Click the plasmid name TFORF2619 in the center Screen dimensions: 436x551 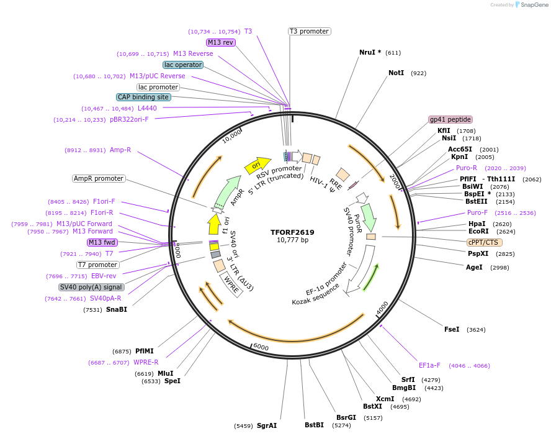292,232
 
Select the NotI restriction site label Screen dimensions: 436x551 396,73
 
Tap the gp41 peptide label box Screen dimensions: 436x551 450,119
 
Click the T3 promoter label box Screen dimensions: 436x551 309,31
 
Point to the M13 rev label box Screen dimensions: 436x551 221,42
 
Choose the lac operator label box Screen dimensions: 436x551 183,65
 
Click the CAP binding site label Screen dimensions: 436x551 143,97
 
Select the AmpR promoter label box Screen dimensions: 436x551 99,178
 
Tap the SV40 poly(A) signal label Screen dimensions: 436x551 91,287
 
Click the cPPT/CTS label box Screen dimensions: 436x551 485,242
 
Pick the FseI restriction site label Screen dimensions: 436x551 452,329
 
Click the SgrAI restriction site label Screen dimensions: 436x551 267,425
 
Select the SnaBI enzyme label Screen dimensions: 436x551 116,309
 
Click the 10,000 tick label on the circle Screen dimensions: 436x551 232,136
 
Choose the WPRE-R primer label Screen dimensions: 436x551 146,362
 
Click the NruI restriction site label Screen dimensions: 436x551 370,52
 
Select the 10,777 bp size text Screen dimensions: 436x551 292,240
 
